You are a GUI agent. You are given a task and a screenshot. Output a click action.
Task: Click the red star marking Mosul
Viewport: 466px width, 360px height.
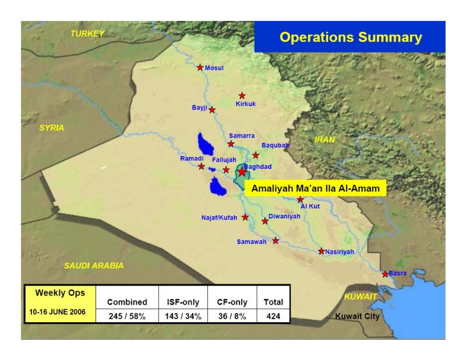point(200,68)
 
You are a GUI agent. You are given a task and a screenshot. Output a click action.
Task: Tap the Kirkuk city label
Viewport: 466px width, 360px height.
point(245,104)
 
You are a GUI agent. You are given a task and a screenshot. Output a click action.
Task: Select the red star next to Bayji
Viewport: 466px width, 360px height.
point(212,110)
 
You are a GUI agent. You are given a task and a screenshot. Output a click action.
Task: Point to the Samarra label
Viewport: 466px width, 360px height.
point(242,136)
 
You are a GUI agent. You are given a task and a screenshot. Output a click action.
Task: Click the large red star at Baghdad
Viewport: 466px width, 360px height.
point(242,171)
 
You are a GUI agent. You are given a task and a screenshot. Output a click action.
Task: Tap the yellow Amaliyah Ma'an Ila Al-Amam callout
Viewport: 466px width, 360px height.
point(315,188)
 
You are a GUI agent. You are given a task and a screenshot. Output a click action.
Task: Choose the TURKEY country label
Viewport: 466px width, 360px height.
point(87,34)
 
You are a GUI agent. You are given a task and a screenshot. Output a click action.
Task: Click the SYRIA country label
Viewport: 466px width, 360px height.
point(52,128)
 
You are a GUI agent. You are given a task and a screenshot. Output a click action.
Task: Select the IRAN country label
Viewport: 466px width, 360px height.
point(324,139)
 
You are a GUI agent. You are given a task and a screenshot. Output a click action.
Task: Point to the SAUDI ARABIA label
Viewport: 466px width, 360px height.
point(94,266)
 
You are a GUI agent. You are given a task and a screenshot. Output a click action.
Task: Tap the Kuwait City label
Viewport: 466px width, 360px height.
point(357,316)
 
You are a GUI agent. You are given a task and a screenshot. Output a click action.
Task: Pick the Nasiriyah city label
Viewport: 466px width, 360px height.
point(340,252)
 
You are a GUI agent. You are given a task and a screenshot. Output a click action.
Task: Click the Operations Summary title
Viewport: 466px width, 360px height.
point(351,37)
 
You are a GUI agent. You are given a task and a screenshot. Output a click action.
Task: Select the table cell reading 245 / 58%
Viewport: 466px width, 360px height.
point(127,316)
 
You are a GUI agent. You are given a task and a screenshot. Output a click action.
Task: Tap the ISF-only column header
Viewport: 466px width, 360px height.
point(183,302)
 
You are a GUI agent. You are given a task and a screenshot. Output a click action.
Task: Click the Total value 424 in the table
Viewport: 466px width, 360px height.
point(273,316)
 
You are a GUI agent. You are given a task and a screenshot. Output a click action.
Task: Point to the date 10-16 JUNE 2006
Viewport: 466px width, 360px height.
point(57,312)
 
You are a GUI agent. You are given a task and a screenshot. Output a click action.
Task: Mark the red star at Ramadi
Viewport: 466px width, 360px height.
point(201,166)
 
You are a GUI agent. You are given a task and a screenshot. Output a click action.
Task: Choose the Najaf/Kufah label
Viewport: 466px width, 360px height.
point(219,218)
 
